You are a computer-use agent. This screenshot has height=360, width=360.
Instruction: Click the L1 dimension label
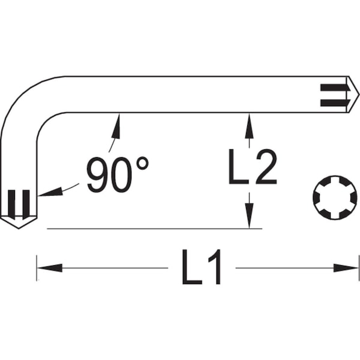point(202,267)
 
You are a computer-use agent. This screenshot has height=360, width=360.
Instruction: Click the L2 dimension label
point(253,167)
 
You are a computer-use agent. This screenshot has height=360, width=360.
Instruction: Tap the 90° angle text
point(118,175)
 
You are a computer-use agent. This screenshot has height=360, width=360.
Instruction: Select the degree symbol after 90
point(142,163)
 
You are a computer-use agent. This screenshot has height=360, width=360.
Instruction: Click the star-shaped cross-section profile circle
point(335,197)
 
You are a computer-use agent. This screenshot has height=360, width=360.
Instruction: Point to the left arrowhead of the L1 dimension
point(50,268)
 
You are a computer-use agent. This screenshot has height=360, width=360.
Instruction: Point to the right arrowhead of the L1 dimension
point(346,268)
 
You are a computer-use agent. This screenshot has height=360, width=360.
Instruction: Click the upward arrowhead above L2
point(250,126)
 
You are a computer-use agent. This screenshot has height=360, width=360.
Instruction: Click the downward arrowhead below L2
point(250,215)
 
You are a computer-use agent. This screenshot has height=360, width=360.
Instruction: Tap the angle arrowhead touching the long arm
point(116,126)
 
